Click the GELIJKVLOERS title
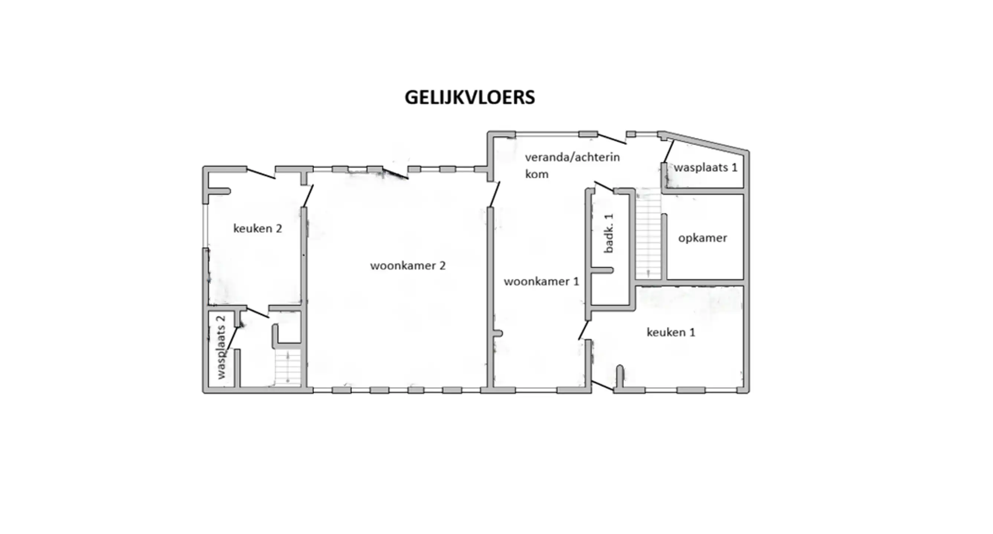click(470, 98)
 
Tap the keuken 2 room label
click(258, 229)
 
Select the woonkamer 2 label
click(408, 266)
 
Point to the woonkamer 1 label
click(541, 281)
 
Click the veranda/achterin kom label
click(572, 165)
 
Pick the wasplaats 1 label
click(705, 168)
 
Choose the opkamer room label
click(702, 238)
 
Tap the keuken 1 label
click(671, 332)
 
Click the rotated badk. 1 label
click(609, 233)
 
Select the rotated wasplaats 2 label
click(221, 347)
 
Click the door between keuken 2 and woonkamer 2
click(308, 196)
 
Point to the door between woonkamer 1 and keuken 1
click(584, 330)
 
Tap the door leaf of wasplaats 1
click(669, 151)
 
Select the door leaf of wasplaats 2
click(232, 339)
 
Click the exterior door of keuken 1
click(602, 386)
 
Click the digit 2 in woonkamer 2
click(442, 266)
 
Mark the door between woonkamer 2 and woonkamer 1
click(494, 194)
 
